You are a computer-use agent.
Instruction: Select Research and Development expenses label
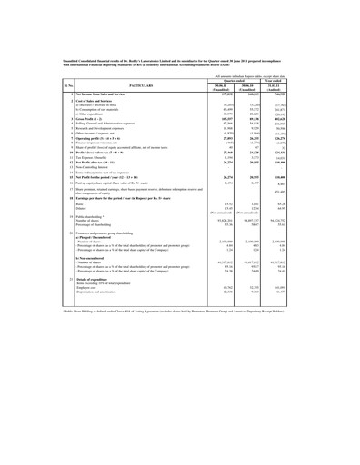(x=72, y=154)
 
